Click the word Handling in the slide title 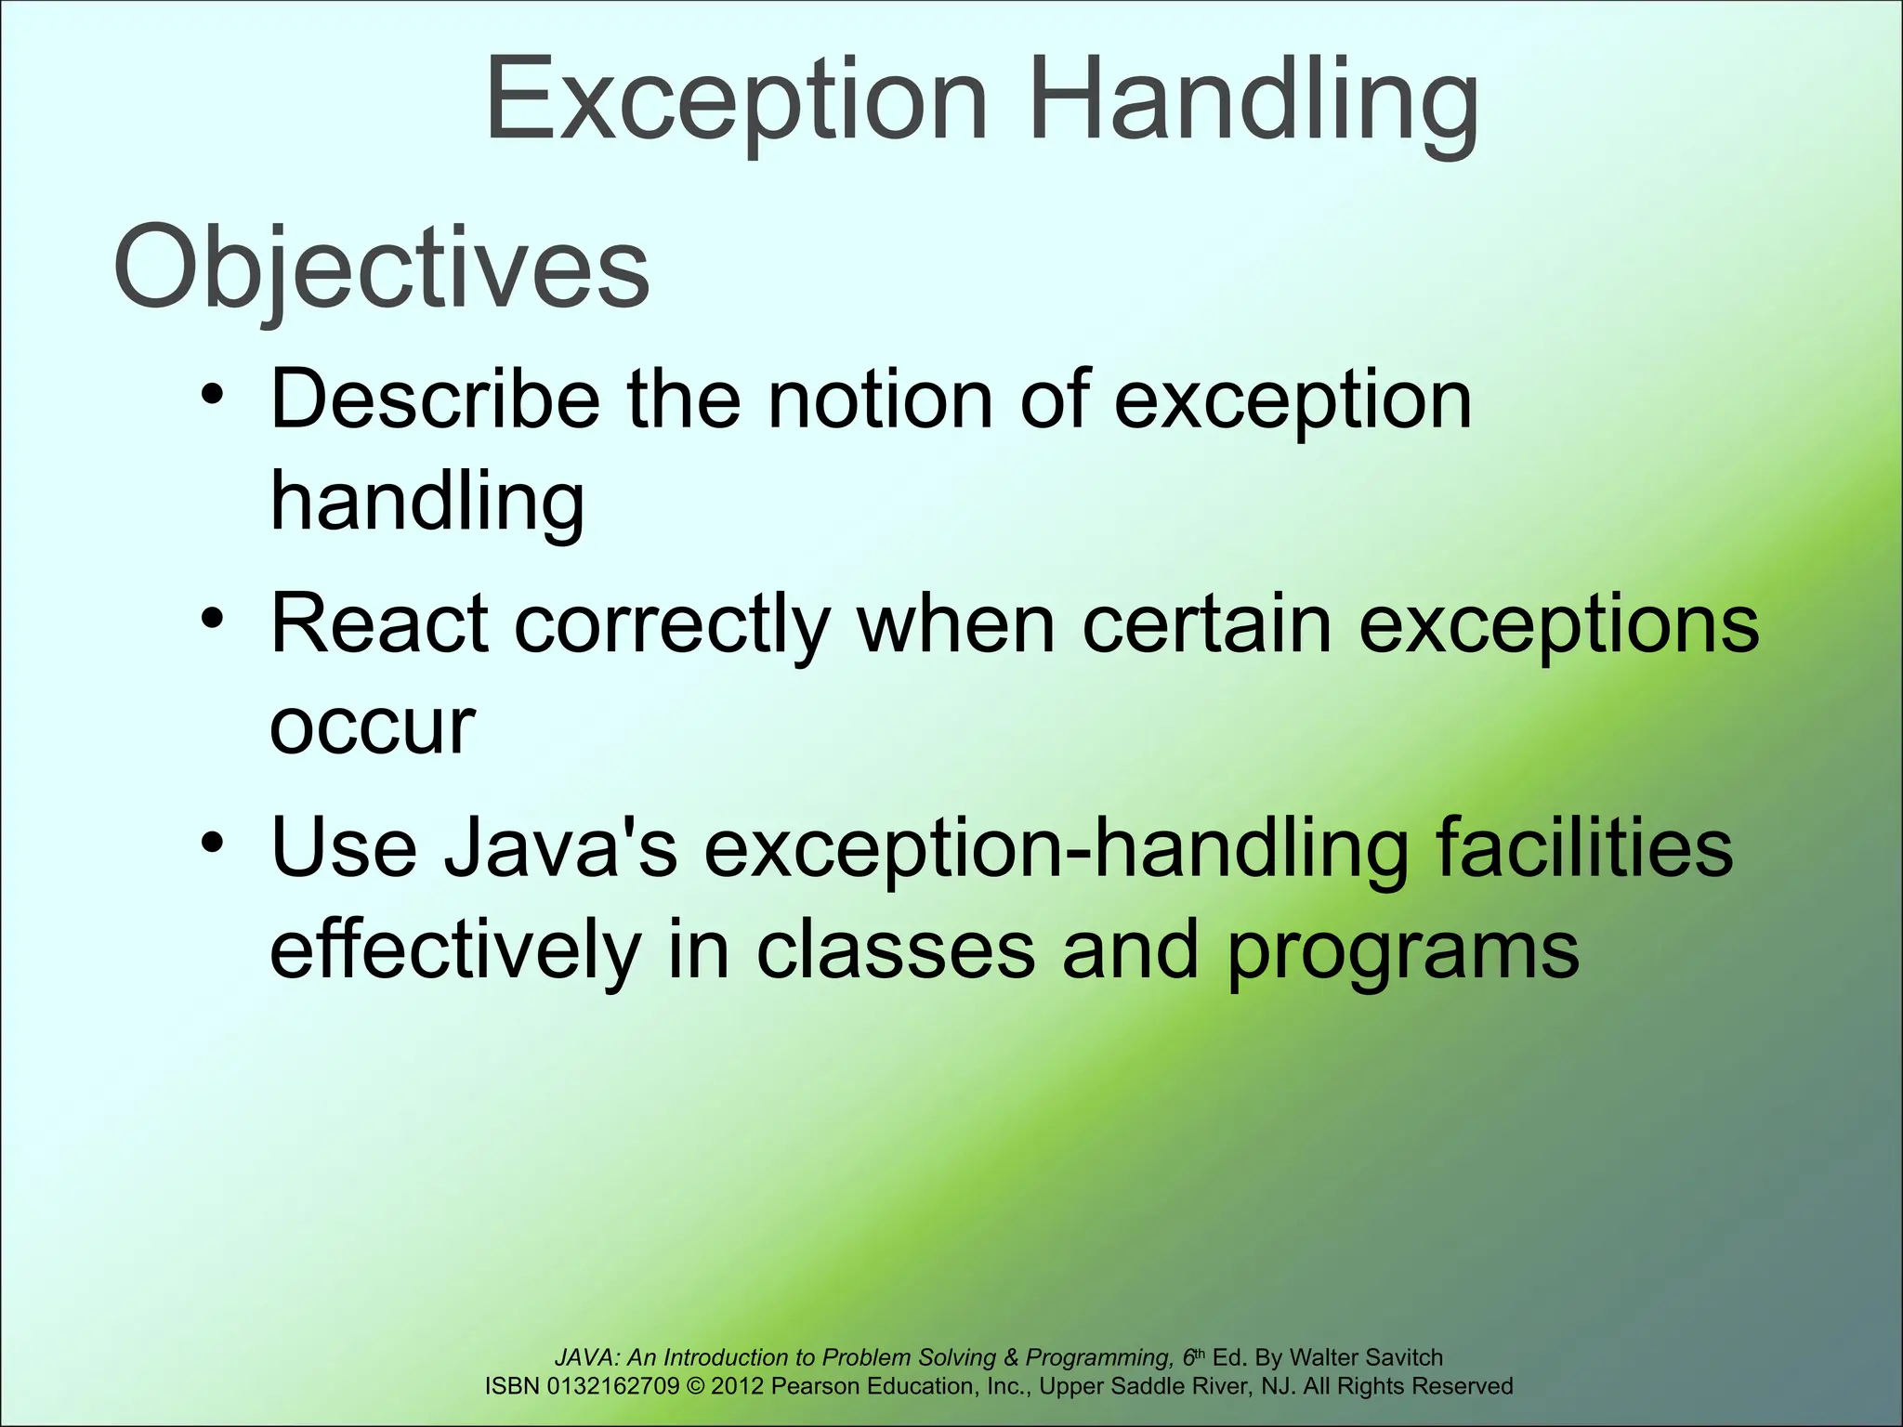pyautogui.click(x=1253, y=100)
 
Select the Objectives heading pyautogui.click(x=381, y=269)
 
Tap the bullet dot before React pyautogui.click(x=212, y=620)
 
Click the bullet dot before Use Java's pyautogui.click(x=212, y=844)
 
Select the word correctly pyautogui.click(x=672, y=624)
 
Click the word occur pyautogui.click(x=372, y=726)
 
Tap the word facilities pyautogui.click(x=1583, y=848)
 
